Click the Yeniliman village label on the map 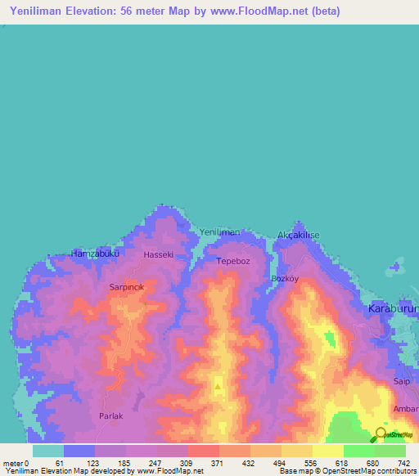(x=220, y=232)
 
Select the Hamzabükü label (x=96, y=254)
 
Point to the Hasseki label (x=159, y=255)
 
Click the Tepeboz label (x=233, y=262)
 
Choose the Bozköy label (x=286, y=278)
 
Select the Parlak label (x=110, y=416)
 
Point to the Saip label (x=401, y=381)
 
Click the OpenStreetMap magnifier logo (x=381, y=433)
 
